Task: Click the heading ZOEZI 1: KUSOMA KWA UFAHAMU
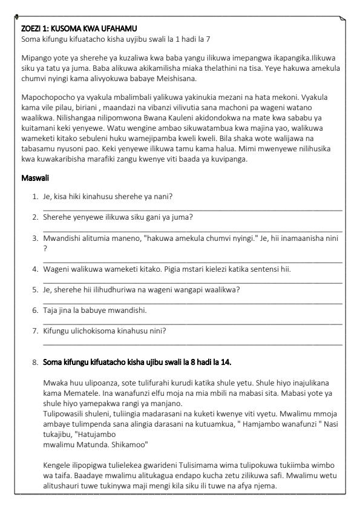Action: click(79, 28)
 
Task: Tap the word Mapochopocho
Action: click(48, 96)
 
